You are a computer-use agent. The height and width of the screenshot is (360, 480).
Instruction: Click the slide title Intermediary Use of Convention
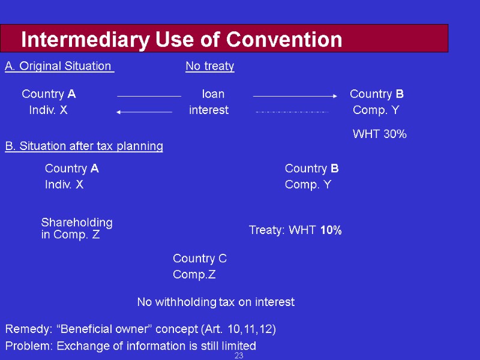[x=181, y=40]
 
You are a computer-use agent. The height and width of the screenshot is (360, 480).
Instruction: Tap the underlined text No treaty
[x=209, y=66]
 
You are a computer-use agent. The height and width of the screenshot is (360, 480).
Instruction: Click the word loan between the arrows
[x=213, y=94]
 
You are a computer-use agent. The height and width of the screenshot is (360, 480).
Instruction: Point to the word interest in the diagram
[x=209, y=110]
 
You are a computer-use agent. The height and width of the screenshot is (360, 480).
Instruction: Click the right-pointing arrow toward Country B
[x=295, y=95]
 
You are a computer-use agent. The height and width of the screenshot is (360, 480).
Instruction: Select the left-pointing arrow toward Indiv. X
[x=144, y=112]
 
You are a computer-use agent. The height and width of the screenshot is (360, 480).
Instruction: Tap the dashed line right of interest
[x=292, y=112]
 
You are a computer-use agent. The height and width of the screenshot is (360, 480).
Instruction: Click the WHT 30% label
[x=379, y=134]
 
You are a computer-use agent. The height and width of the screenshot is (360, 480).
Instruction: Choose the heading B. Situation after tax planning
[x=84, y=146]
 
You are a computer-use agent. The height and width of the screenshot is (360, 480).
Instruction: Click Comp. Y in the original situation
[x=376, y=110]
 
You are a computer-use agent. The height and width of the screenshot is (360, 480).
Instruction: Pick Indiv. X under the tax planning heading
[x=64, y=185]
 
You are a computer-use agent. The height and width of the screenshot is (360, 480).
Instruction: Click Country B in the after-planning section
[x=311, y=169]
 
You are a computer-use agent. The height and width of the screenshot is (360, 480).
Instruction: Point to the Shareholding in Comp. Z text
[x=76, y=229]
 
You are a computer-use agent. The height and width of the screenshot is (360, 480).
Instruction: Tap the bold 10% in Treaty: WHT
[x=331, y=230]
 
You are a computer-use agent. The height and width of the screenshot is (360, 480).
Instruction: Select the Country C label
[x=200, y=259]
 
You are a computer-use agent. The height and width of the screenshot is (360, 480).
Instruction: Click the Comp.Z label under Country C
[x=194, y=275]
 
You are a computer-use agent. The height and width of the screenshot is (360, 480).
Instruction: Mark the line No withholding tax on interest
[x=216, y=302]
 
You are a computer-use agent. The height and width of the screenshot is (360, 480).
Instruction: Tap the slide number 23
[x=239, y=356]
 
